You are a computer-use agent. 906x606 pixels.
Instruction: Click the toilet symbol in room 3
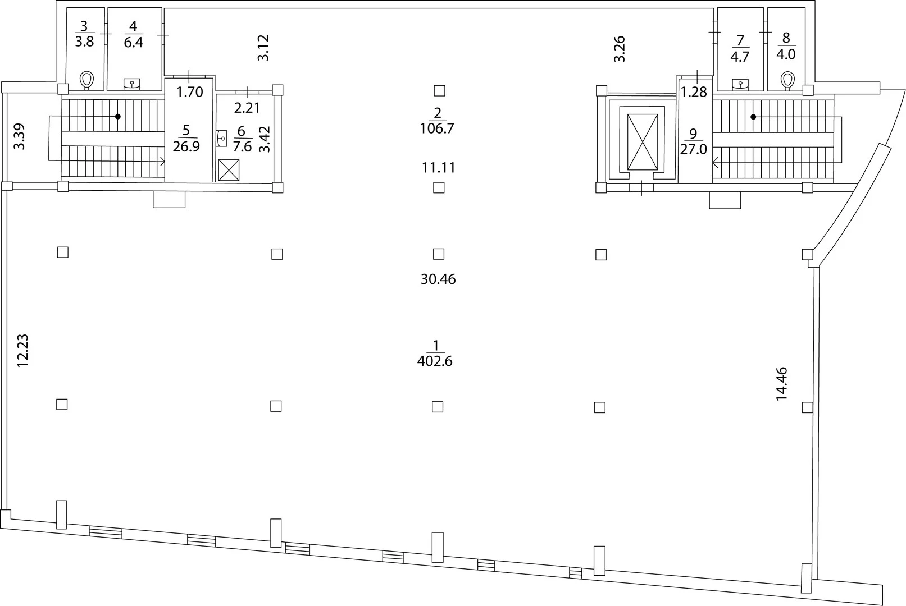pyautogui.click(x=87, y=80)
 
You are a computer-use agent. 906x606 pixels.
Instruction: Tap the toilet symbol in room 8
pyautogui.click(x=787, y=80)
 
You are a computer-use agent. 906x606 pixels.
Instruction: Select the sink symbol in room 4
pyautogui.click(x=132, y=84)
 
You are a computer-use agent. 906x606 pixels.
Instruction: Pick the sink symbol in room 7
pyautogui.click(x=740, y=84)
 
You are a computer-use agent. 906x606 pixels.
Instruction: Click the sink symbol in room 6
pyautogui.click(x=222, y=138)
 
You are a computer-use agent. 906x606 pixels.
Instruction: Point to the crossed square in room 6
pyautogui.click(x=229, y=170)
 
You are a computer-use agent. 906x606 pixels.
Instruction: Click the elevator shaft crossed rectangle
pyautogui.click(x=643, y=142)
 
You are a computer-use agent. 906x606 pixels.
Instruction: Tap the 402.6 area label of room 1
pyautogui.click(x=435, y=361)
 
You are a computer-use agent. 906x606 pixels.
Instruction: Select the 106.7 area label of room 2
pyautogui.click(x=437, y=128)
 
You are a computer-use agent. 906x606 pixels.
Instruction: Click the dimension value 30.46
pyautogui.click(x=438, y=279)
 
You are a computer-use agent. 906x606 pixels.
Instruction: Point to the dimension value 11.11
pyautogui.click(x=439, y=167)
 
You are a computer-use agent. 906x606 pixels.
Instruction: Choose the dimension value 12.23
pyautogui.click(x=22, y=350)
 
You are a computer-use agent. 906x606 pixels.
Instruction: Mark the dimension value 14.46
pyautogui.click(x=781, y=383)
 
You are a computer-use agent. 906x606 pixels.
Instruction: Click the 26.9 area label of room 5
pyautogui.click(x=186, y=146)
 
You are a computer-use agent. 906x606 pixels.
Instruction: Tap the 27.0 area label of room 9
pyautogui.click(x=693, y=149)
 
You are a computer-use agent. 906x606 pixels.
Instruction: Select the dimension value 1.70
pyautogui.click(x=190, y=92)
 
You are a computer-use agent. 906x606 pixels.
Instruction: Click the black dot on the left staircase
pyautogui.click(x=118, y=117)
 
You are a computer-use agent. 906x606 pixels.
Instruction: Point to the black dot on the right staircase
pyautogui.click(x=753, y=117)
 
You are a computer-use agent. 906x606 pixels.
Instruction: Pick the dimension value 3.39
pyautogui.click(x=20, y=136)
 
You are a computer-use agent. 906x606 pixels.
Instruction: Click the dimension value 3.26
pyautogui.click(x=619, y=49)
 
